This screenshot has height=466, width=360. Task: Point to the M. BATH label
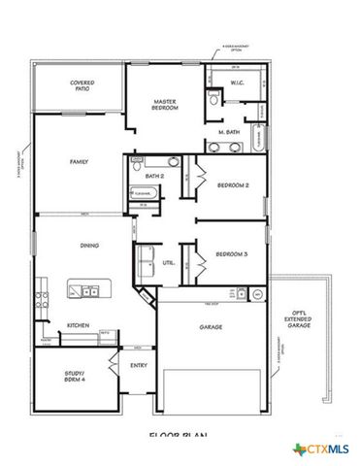coord(229,131)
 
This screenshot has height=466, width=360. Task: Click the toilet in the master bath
coord(212,100)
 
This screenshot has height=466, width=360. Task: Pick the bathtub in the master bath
coord(258,139)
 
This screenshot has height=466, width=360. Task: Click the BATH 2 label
coord(153,176)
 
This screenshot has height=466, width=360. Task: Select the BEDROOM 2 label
coord(234,184)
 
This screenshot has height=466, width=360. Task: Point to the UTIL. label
coord(168,262)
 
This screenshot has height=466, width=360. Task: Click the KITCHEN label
coord(78,325)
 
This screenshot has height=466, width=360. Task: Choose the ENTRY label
coord(138,365)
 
